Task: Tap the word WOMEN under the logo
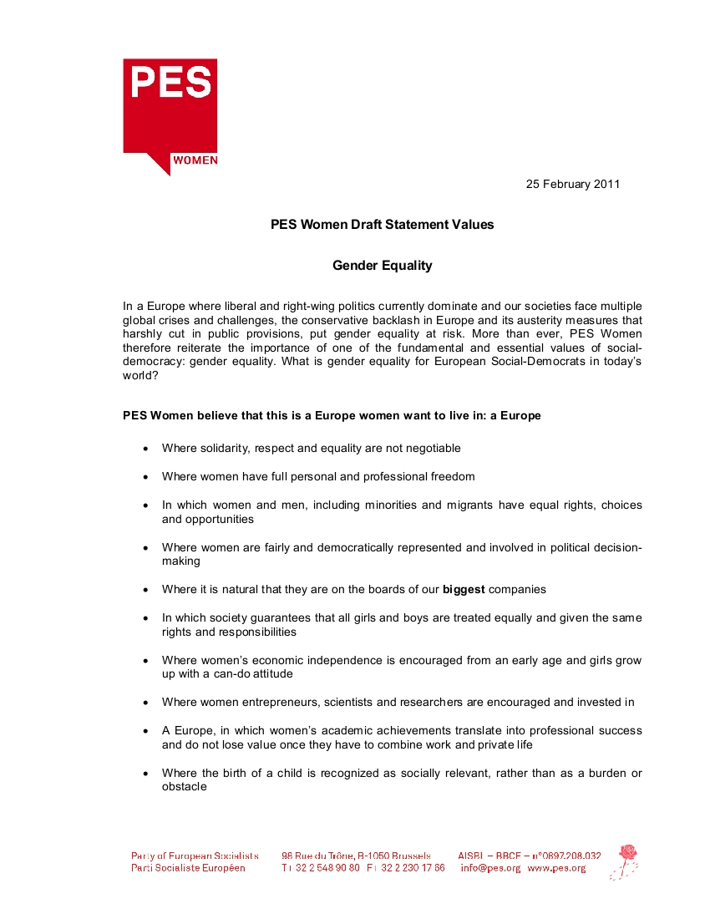click(195, 160)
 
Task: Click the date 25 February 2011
click(573, 184)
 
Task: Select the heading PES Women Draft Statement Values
click(382, 225)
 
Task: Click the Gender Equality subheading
click(382, 266)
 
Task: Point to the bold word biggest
click(464, 589)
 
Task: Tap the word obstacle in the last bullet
click(184, 787)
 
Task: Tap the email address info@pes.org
click(490, 868)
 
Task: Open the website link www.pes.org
click(556, 868)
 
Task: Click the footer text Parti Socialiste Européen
click(188, 868)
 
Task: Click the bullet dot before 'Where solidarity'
click(145, 449)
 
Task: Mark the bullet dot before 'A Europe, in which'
click(145, 731)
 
